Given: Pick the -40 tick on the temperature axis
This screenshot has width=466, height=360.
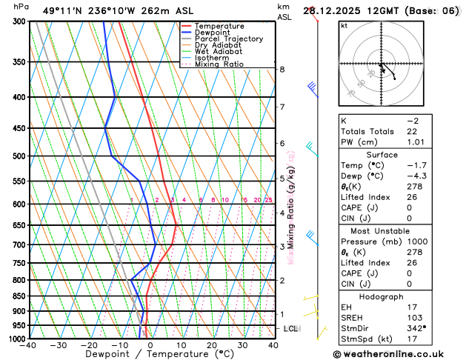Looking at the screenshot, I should (29, 345).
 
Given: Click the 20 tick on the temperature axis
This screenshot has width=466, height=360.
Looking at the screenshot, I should (212, 345).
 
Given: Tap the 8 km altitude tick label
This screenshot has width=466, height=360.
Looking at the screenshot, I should (282, 70).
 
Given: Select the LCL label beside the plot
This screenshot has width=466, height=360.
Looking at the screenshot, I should (290, 328).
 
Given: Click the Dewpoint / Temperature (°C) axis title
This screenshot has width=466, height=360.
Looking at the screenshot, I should (151, 354).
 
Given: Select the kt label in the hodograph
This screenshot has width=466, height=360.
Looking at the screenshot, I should (344, 25).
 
